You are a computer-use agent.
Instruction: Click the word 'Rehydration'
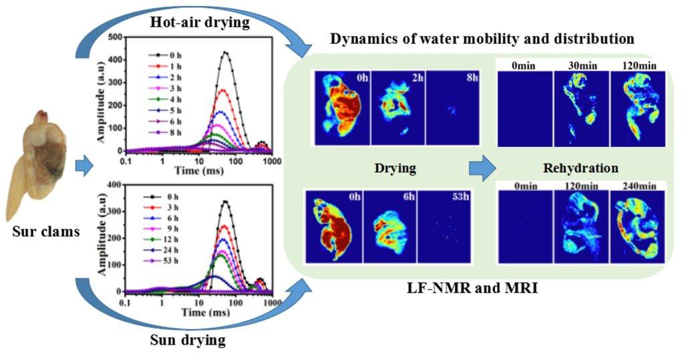(x=581, y=168)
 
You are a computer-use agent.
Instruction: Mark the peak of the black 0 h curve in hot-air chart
(x=225, y=52)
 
